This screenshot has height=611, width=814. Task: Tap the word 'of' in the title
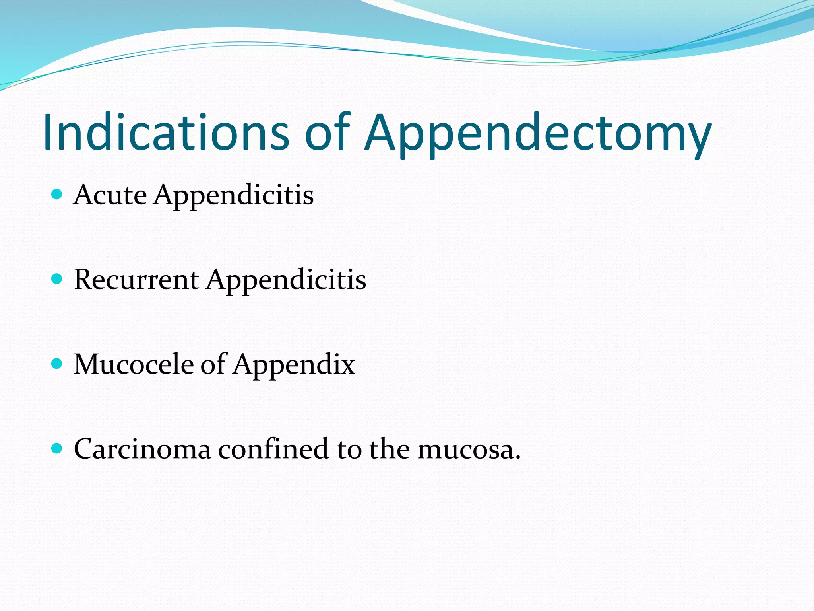coord(327,132)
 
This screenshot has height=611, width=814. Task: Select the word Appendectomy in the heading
coord(537,133)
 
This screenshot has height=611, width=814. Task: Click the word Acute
coord(110,195)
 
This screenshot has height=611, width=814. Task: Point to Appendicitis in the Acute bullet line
coord(234,196)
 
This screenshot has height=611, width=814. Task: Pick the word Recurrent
coord(136,280)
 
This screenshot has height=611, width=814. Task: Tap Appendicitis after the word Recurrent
coord(286,280)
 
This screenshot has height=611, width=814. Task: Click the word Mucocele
coord(134,364)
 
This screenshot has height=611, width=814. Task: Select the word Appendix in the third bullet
coord(294,365)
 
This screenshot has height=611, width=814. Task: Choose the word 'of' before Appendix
coord(213,364)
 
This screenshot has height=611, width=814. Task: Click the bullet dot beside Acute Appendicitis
coord(57,195)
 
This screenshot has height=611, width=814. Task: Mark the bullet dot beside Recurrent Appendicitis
coord(57,279)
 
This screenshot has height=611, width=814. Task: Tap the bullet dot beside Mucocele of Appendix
coord(57,364)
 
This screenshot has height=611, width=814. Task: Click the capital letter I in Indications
coord(48,132)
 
